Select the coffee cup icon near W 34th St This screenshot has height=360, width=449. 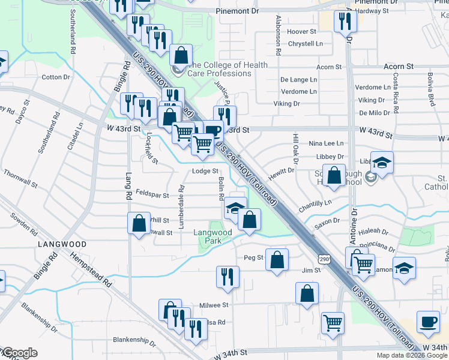[x=428, y=322]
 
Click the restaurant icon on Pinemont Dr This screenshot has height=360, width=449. [x=345, y=21]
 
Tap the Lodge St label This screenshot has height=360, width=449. [x=205, y=171]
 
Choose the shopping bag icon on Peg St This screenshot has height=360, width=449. [x=277, y=260]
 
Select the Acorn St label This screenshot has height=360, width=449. [x=399, y=65]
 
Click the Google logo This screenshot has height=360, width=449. [x=19, y=353]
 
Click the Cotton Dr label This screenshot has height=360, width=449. [x=52, y=77]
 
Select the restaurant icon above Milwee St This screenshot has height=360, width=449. [x=228, y=277]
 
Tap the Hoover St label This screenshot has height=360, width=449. [x=301, y=31]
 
